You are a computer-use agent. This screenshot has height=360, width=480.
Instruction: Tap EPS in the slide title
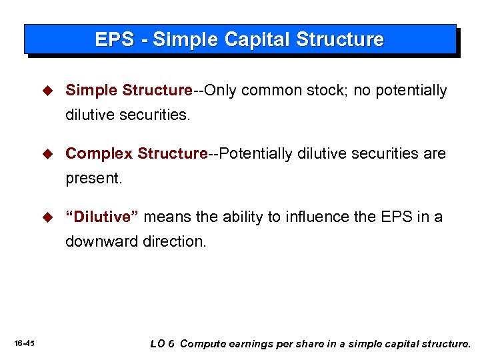(x=114, y=39)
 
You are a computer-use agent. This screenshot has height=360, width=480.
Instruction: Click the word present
(x=93, y=179)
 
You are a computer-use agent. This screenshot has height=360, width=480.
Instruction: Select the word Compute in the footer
(x=203, y=344)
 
